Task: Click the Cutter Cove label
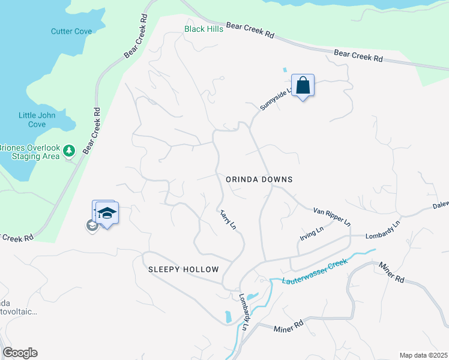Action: pos(71,31)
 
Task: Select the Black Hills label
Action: pos(204,29)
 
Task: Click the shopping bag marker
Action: pos(303,86)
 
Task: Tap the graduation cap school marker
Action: pos(107,214)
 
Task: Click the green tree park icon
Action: pos(69,149)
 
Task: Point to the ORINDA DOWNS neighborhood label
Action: pos(259,179)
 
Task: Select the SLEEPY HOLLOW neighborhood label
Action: pos(184,269)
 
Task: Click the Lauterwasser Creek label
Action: pos(309,271)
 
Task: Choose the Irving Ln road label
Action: pos(312,232)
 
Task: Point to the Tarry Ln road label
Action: pos(228,219)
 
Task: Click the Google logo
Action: pos(20,353)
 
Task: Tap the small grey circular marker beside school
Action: pos(92,226)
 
